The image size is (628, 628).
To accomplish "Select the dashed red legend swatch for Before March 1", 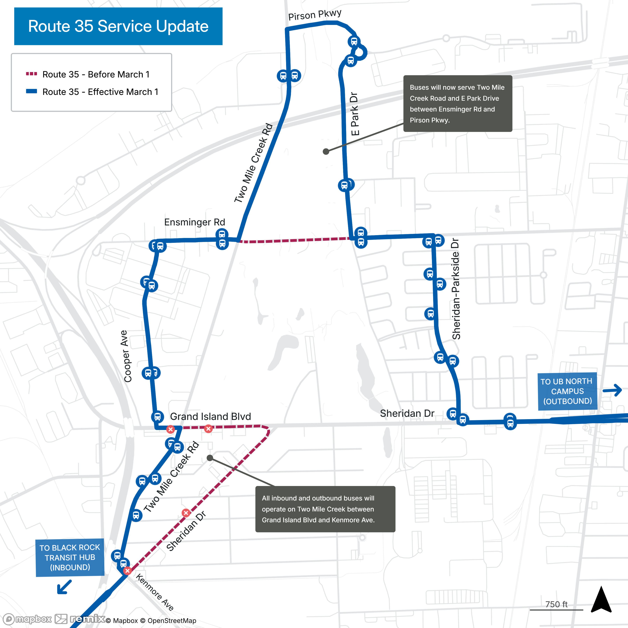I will [32, 74].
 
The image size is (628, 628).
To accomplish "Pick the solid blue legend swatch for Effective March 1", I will [32, 91].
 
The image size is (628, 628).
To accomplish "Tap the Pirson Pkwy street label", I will [315, 15].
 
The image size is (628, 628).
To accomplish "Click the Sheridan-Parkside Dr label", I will [456, 289].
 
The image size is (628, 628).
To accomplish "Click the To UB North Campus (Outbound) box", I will [567, 391].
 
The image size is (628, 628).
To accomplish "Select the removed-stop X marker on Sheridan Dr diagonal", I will [186, 513].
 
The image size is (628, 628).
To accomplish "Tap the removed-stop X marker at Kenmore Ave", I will [127, 571].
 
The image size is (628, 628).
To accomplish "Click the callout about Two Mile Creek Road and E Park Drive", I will [457, 103].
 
